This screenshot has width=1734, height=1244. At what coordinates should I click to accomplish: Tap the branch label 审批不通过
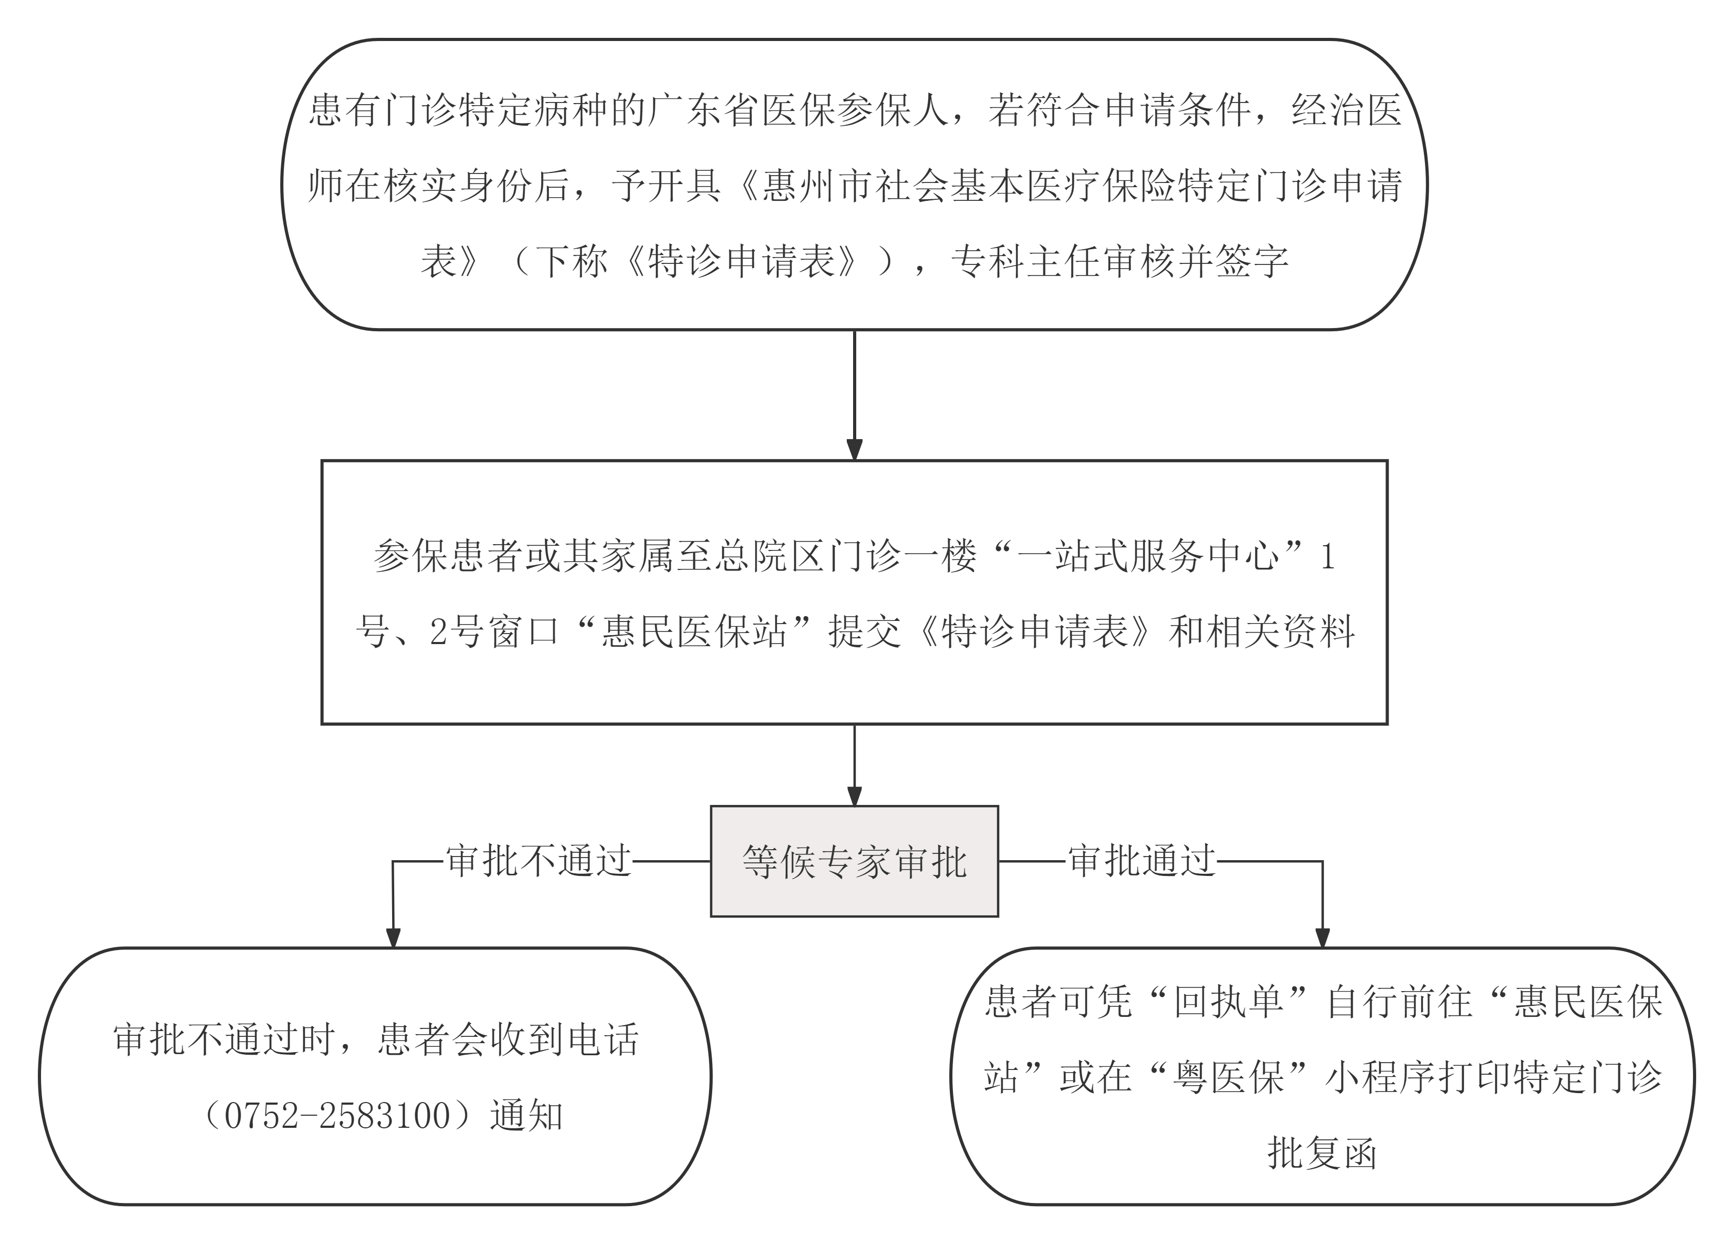538,861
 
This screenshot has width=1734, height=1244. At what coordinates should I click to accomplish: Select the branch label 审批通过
1142,861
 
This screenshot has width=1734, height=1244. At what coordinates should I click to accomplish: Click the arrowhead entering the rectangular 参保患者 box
854,450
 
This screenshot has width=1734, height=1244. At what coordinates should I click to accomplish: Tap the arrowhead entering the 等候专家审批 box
854,795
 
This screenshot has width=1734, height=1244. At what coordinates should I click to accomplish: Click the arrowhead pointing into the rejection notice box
393,937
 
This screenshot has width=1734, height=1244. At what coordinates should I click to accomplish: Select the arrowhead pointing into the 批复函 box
1322,937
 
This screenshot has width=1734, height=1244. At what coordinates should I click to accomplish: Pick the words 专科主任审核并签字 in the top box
1120,261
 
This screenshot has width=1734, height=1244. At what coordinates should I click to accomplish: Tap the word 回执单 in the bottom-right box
1229,1002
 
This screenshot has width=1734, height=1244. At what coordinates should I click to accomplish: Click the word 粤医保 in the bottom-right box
1229,1078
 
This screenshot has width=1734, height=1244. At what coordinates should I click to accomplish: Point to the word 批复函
1322,1153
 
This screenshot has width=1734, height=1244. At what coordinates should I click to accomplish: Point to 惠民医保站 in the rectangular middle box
694,631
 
